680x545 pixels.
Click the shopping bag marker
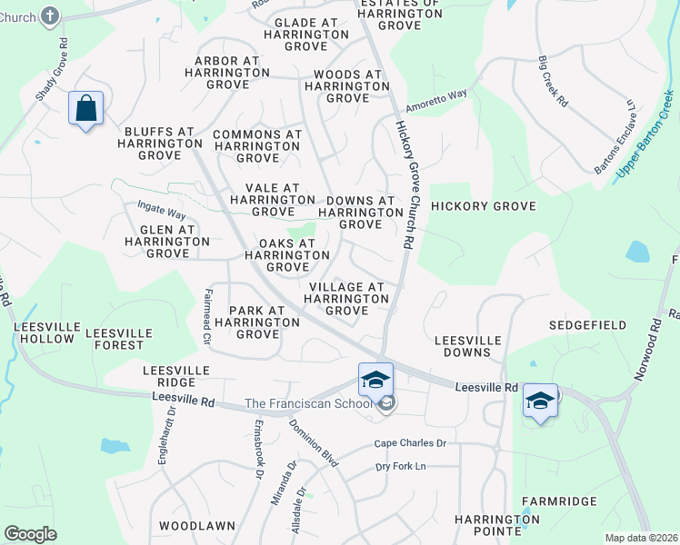(x=85, y=110)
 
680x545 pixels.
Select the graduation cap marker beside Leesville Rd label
(x=540, y=401)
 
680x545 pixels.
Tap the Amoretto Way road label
(x=436, y=98)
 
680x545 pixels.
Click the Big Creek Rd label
(x=554, y=83)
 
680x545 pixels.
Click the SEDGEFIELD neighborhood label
(x=587, y=324)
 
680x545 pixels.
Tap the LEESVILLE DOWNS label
(x=468, y=345)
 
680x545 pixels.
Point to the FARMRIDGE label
(x=559, y=501)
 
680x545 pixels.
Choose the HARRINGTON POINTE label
(x=497, y=525)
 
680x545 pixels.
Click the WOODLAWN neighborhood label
(x=197, y=526)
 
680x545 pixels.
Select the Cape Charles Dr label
(x=411, y=443)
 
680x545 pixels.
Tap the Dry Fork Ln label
(x=401, y=467)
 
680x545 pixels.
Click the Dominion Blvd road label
(x=314, y=443)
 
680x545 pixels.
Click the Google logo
(x=30, y=534)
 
